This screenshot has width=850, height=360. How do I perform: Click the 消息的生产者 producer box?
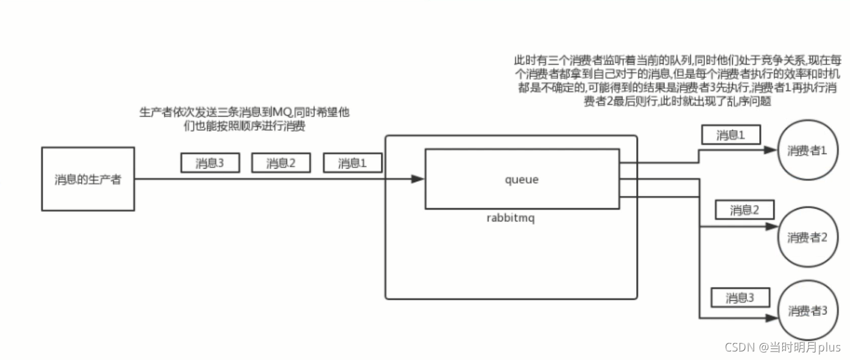pos(88,179)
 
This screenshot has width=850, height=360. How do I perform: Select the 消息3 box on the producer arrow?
pos(210,163)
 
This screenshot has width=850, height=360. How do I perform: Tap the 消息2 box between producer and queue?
pos(280,163)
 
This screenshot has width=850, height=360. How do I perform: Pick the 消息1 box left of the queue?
pos(352,163)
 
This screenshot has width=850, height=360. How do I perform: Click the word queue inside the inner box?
pos(522,180)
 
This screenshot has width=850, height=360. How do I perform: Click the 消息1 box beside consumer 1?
pos(731,135)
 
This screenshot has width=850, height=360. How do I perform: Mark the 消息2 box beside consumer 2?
pos(745,210)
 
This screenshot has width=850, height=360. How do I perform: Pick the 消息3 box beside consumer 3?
pos(740,298)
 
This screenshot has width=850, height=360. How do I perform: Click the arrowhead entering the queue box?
pos(418,179)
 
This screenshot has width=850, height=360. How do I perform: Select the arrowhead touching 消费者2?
pos(773,228)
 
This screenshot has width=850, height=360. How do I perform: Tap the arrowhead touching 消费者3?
pos(773,319)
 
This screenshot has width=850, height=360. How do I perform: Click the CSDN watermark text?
pos(782,347)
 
